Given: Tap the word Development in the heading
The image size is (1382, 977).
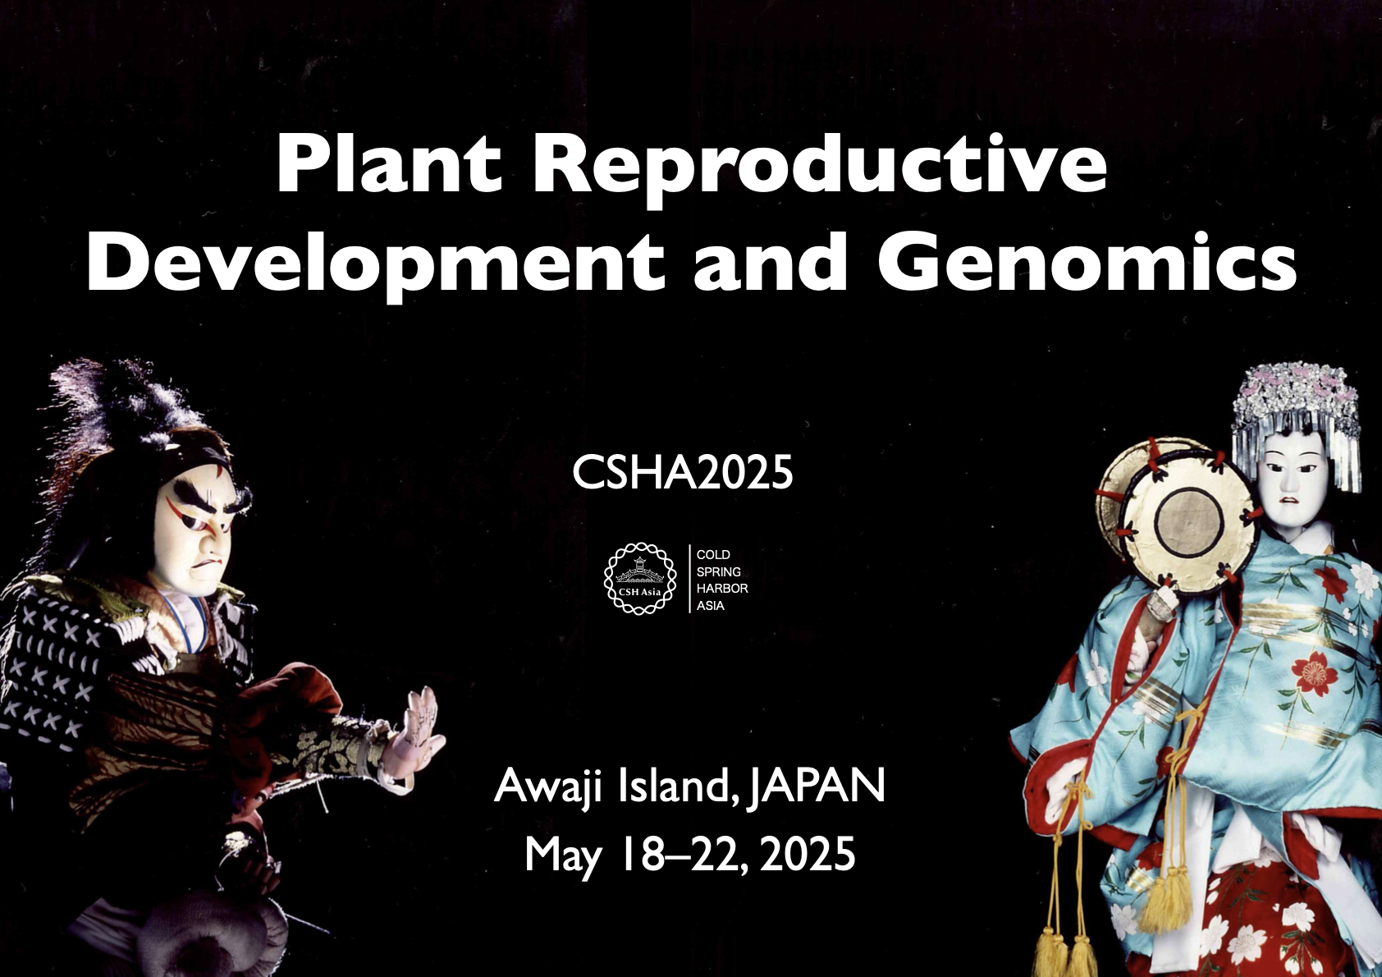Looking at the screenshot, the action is pyautogui.click(x=375, y=262).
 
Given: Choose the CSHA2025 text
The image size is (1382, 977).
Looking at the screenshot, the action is pyautogui.click(x=682, y=473).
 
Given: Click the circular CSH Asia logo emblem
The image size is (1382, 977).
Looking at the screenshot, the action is pyautogui.click(x=640, y=578).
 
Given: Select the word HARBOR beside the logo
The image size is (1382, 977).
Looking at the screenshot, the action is pyautogui.click(x=722, y=588).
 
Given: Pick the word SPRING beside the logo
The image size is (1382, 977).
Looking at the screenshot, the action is pyautogui.click(x=718, y=571).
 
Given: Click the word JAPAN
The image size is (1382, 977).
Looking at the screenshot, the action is pyautogui.click(x=817, y=785).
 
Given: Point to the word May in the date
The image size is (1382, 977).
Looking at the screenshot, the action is pyautogui.click(x=562, y=856).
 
